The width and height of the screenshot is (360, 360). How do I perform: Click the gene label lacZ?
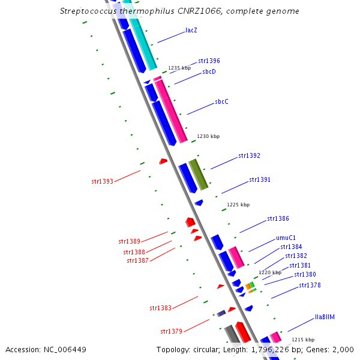pos(191,30)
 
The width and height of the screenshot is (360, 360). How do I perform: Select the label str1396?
pos(209,61)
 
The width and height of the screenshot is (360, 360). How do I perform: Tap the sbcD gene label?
pos(209,71)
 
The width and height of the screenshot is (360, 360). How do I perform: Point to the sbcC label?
pos(221,101)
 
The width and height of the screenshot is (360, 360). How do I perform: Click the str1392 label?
pos(249,155)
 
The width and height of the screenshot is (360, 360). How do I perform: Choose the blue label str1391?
pos(260,179)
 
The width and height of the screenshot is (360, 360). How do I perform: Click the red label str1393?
pos(102,181)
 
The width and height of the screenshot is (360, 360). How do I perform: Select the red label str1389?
pos(129,241)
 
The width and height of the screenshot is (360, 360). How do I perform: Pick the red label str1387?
pos(137,260)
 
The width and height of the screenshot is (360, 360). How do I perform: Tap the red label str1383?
pos(160,308)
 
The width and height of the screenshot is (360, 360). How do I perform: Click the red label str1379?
pos(171,331)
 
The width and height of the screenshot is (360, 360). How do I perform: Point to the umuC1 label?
pos(286,237)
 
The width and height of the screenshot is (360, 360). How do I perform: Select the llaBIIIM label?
pos(325,317)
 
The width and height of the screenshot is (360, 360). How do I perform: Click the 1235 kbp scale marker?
pos(179,68)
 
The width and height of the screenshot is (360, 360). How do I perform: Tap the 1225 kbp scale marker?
pos(238,205)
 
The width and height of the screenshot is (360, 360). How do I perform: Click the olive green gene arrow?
pos(199,175)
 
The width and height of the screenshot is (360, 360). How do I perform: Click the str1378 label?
pos(310,285)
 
